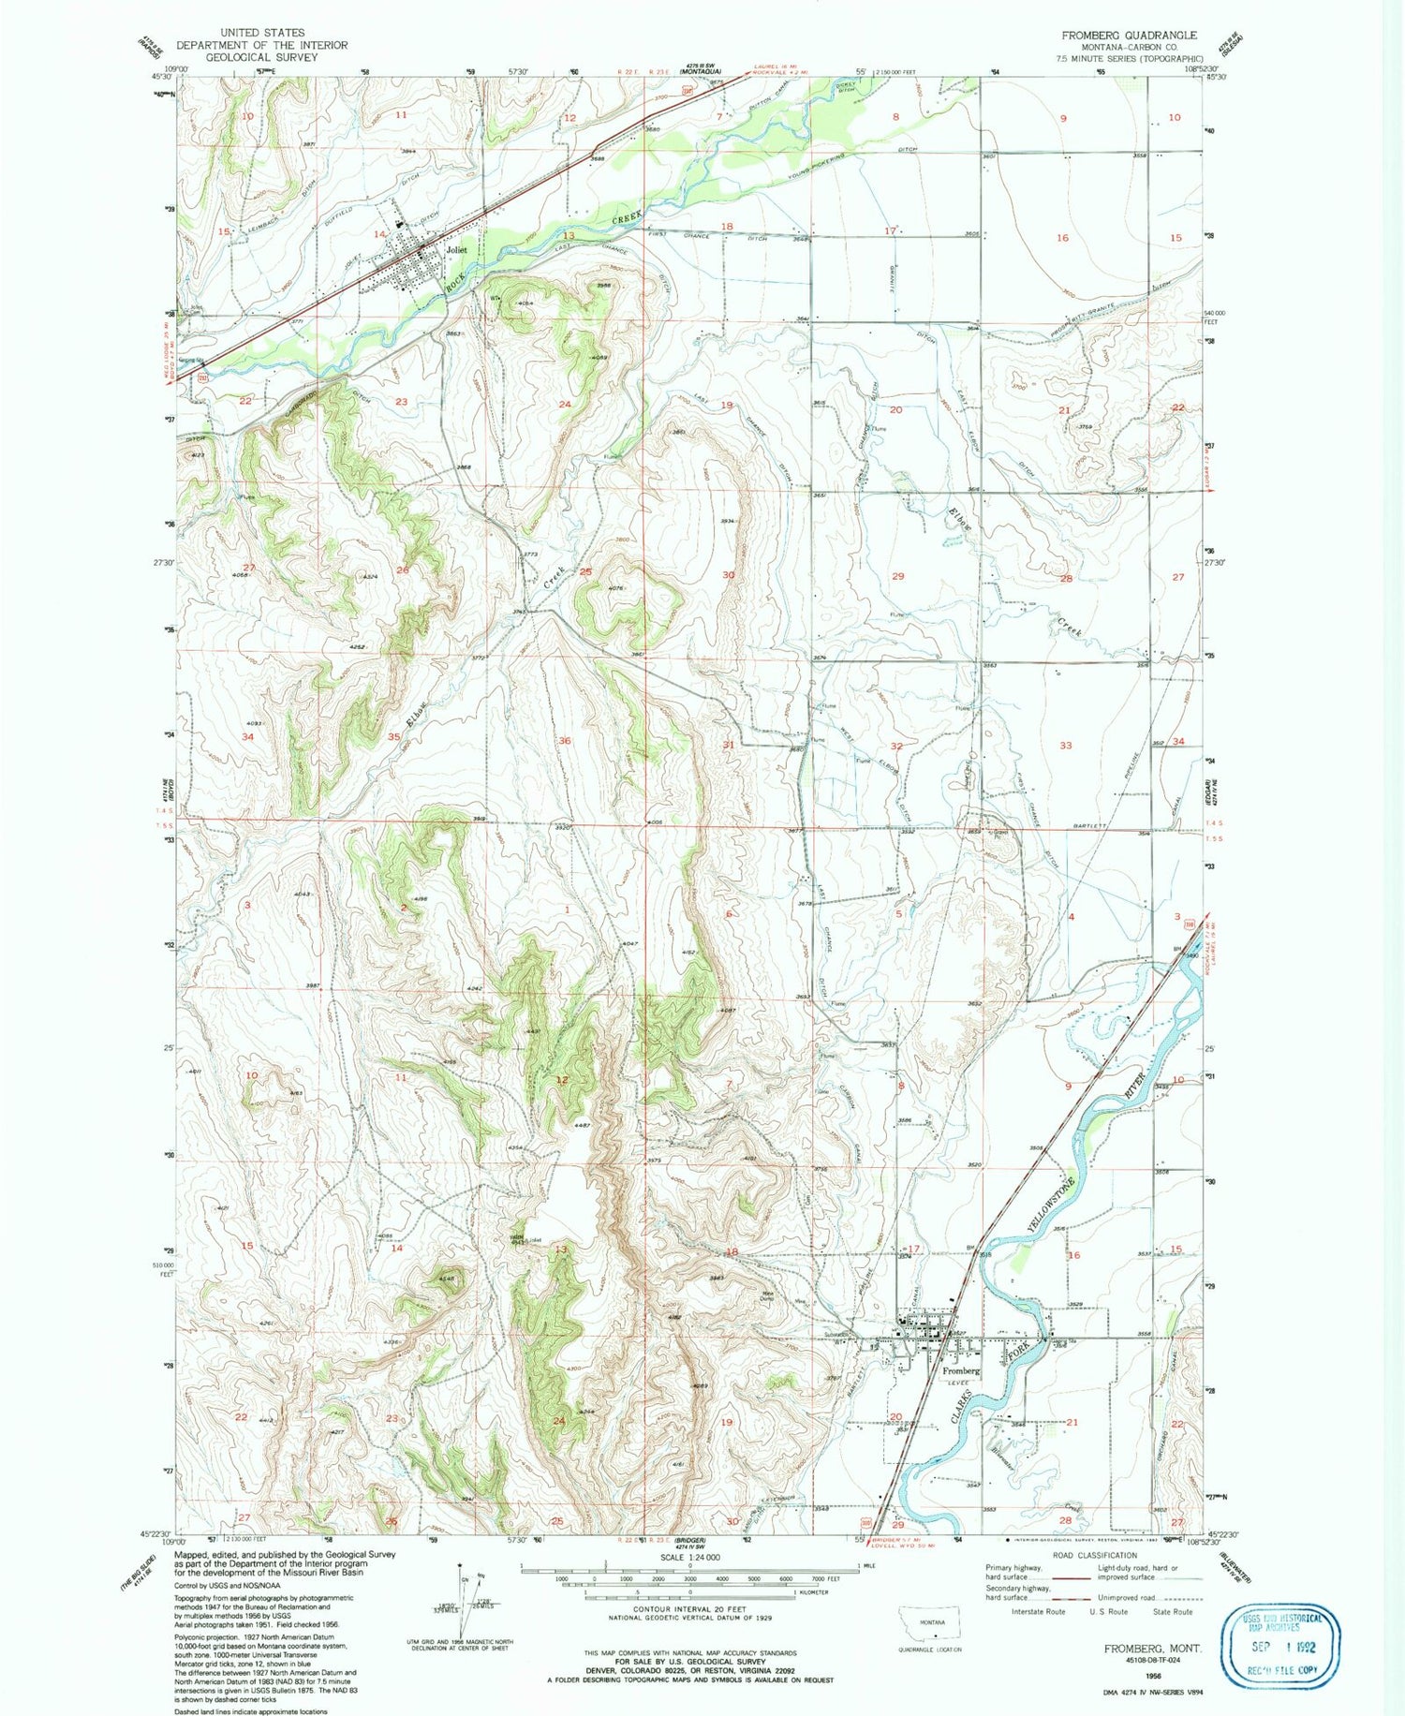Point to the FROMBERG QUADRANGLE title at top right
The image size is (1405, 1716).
[x=1129, y=35]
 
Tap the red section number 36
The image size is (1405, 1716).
[x=565, y=741]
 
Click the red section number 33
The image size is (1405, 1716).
[x=1065, y=746]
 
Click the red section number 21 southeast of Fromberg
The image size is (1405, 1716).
[x=1072, y=1422]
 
